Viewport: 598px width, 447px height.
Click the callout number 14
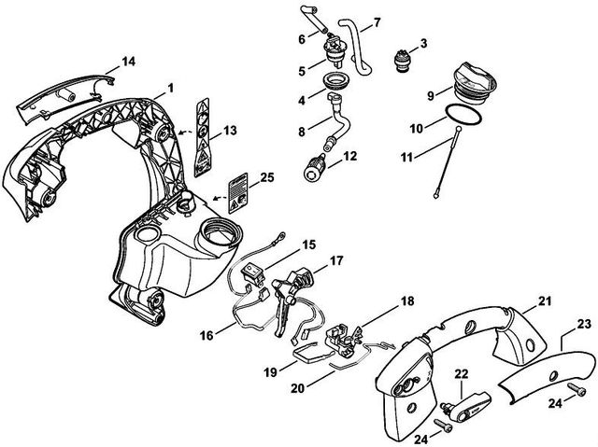click(129, 62)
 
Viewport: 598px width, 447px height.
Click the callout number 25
click(266, 177)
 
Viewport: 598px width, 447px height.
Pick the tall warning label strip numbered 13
click(202, 137)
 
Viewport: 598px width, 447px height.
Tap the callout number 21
click(544, 301)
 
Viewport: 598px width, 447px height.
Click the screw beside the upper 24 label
click(577, 389)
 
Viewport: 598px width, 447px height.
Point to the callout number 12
click(349, 156)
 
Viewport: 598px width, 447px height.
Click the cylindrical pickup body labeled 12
click(314, 169)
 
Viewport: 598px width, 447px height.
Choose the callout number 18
click(407, 301)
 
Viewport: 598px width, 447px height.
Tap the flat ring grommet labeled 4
click(335, 80)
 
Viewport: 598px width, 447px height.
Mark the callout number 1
click(170, 89)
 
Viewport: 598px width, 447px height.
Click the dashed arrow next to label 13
click(185, 133)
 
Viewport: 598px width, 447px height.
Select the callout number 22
click(461, 374)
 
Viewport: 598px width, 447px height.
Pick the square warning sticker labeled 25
click(238, 193)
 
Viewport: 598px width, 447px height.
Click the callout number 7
click(377, 22)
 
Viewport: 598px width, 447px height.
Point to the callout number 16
click(206, 336)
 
